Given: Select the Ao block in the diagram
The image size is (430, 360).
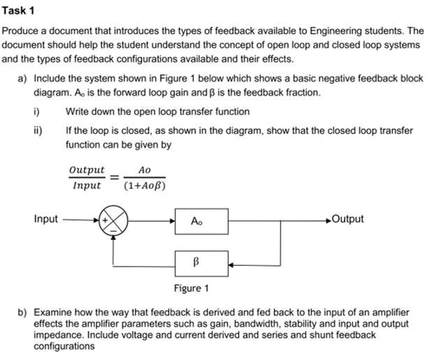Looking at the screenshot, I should point(197,221).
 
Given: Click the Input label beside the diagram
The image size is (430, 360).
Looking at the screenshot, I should point(46,219).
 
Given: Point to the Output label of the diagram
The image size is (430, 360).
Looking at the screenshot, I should point(348,219).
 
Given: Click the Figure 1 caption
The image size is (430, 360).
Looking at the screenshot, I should point(191,288).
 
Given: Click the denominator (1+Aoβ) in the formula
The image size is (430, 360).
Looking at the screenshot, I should point(144,186).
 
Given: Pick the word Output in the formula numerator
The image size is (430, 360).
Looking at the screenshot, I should point(87,170).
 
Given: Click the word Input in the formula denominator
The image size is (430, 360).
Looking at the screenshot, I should point(87,186).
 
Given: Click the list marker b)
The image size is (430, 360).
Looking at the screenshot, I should point(22,313).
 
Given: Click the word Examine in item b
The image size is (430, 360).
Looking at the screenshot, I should point(53,313).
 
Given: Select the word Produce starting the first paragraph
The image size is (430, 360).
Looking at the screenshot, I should point(21,31).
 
